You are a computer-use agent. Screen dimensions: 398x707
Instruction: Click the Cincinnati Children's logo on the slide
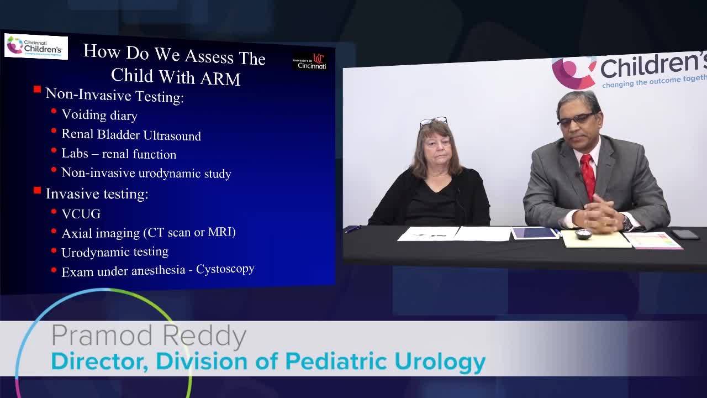(x=36, y=46)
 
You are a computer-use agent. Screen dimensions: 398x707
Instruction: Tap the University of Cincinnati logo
(x=310, y=61)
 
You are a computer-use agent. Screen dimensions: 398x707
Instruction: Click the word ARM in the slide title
(x=220, y=78)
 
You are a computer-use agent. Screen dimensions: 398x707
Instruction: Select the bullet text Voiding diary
(x=99, y=115)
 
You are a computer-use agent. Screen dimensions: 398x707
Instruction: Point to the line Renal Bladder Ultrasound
(x=131, y=135)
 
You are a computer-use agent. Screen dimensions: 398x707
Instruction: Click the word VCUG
(x=81, y=214)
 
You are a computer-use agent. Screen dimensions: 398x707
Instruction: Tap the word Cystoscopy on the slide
(x=225, y=269)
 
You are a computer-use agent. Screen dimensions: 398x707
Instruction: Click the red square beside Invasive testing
(x=37, y=191)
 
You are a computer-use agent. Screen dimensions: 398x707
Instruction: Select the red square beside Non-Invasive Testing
(x=37, y=89)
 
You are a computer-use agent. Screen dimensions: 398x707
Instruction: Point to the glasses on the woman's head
(x=433, y=121)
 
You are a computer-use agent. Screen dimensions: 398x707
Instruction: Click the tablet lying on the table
(x=535, y=233)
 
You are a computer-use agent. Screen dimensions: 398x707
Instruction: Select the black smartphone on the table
(x=685, y=234)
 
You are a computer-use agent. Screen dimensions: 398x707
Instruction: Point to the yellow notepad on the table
(x=595, y=239)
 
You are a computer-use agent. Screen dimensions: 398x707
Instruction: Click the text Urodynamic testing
(x=115, y=252)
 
